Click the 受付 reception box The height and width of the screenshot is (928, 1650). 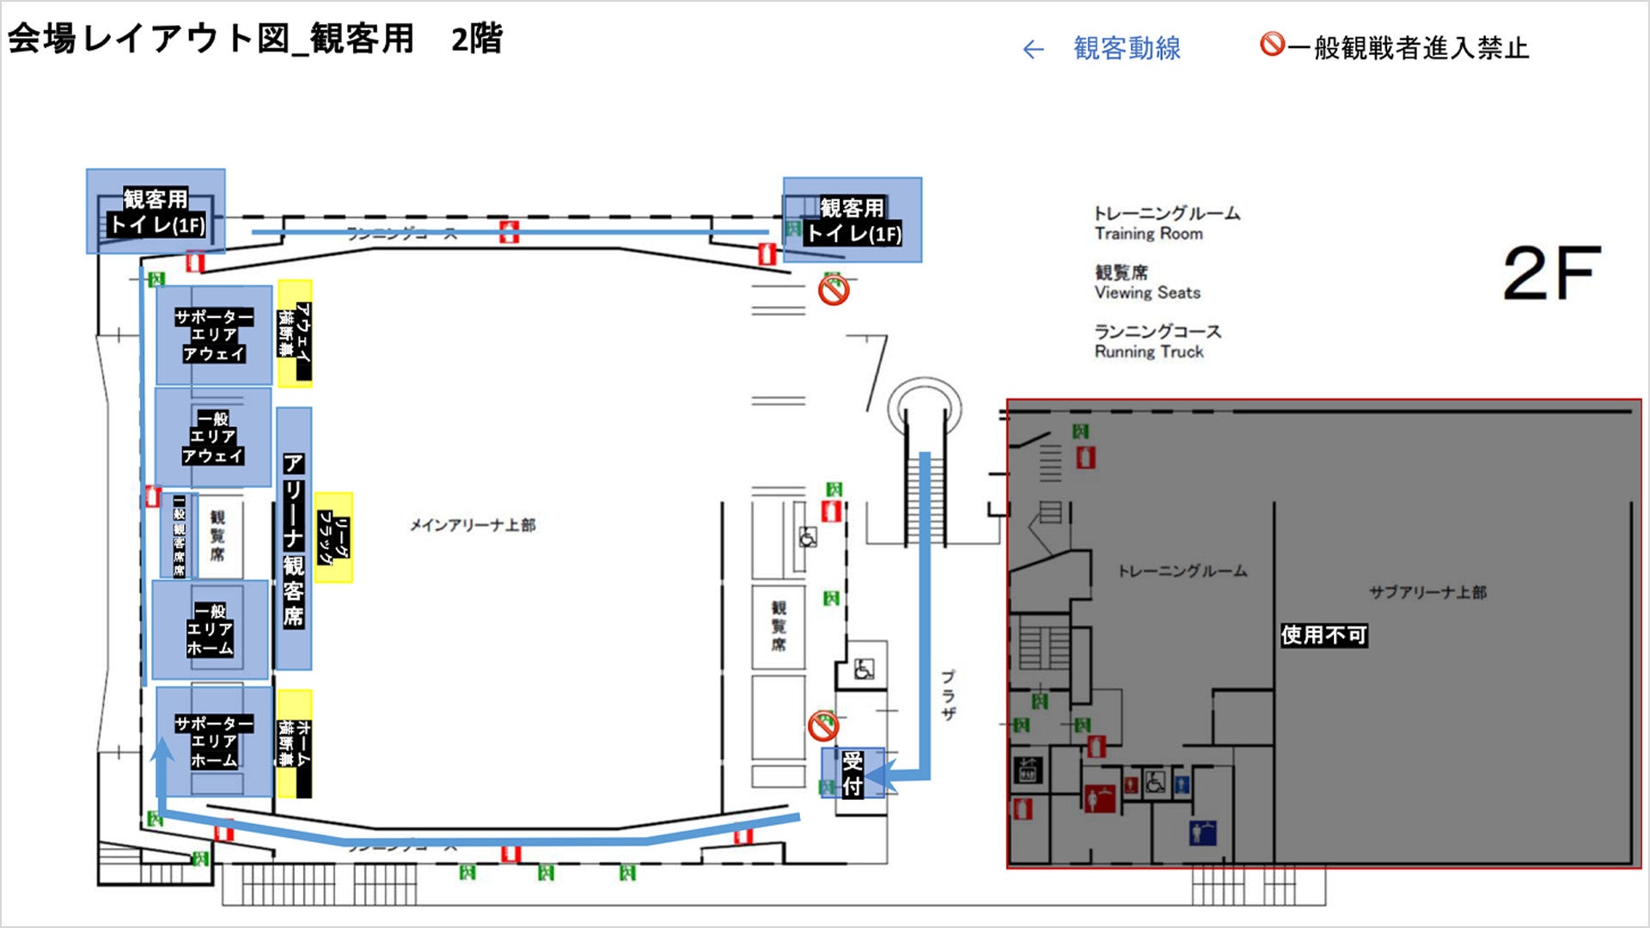(x=852, y=772)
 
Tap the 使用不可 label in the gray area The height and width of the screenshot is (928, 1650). (x=1323, y=635)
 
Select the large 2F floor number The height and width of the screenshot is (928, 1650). (x=1552, y=273)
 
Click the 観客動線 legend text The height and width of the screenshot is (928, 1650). (x=1127, y=48)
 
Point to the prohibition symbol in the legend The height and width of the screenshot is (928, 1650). (x=1272, y=44)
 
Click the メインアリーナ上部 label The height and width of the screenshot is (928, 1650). (x=472, y=525)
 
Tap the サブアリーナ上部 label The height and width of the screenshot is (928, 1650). (x=1427, y=592)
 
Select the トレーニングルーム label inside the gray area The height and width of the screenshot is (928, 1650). (x=1182, y=571)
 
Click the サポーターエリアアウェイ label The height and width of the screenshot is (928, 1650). (x=214, y=335)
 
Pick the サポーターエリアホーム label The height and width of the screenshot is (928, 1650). (x=214, y=742)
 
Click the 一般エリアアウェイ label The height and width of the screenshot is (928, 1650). (x=213, y=437)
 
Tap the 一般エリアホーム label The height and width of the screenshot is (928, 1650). (x=211, y=630)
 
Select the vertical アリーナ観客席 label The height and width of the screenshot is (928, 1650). (x=293, y=540)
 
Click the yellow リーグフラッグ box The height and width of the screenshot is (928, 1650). (x=333, y=538)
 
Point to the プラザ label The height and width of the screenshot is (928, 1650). (x=948, y=694)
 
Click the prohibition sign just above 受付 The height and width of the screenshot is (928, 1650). (x=823, y=726)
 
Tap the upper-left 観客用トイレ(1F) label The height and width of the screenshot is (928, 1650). (x=156, y=211)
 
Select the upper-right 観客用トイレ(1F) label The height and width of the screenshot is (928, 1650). (x=852, y=220)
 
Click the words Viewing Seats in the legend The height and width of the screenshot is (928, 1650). (x=1147, y=293)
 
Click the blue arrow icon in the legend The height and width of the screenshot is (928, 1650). (x=1033, y=50)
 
